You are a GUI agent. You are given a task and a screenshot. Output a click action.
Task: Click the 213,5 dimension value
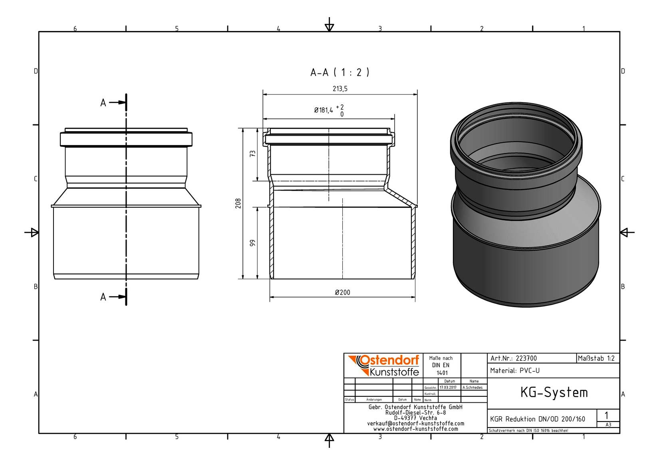(x=340, y=89)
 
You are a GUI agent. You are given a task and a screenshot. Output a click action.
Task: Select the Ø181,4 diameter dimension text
(x=324, y=110)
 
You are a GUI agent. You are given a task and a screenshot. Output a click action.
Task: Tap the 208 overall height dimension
(x=238, y=203)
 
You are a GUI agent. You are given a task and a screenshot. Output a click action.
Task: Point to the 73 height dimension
(x=252, y=153)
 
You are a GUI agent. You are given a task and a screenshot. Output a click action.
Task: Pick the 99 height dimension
(x=252, y=243)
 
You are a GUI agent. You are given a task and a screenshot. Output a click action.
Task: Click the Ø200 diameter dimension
(x=342, y=292)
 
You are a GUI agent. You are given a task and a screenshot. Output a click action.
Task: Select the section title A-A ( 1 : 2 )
(x=339, y=72)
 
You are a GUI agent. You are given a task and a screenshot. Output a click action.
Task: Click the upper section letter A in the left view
(x=103, y=103)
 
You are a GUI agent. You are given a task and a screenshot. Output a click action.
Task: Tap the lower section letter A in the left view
(x=103, y=297)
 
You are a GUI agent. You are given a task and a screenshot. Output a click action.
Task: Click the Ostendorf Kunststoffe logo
(x=384, y=365)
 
